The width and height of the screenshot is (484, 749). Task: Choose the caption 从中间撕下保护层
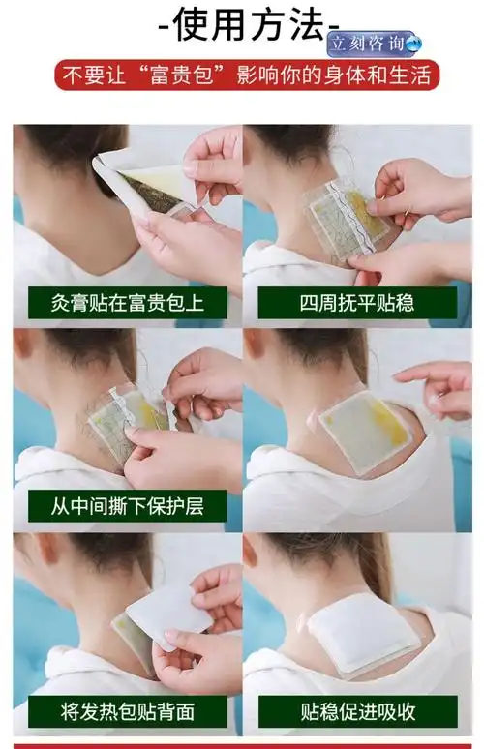pos(127,505)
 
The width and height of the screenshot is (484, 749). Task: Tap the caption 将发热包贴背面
pos(127,711)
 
